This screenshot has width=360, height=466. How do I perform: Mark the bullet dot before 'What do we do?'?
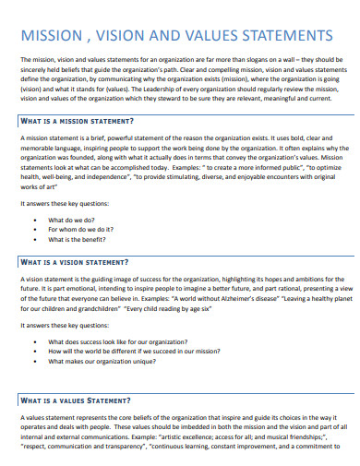[x=35, y=195]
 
